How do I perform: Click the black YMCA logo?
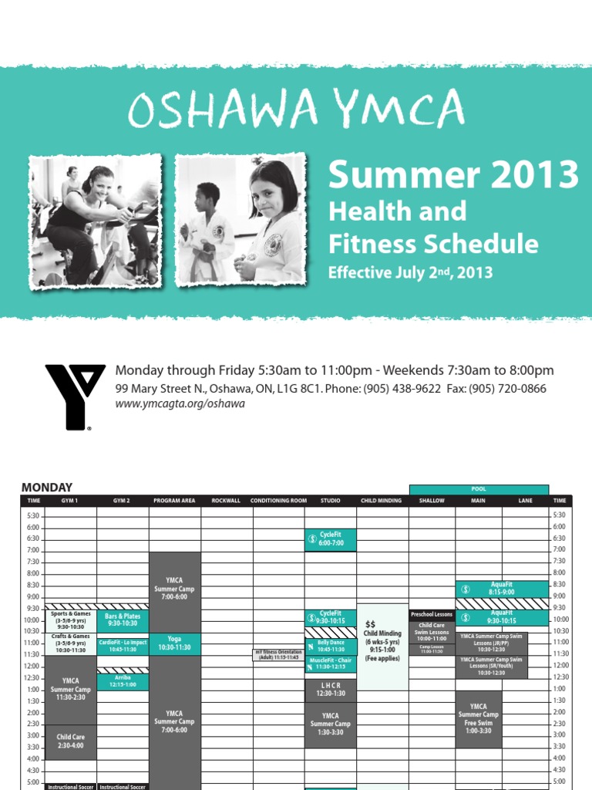pos(75,397)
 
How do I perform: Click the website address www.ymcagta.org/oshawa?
pos(180,404)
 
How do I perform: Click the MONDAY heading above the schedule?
pos(47,488)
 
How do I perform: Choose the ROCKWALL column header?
pos(227,501)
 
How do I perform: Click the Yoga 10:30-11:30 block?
pos(174,644)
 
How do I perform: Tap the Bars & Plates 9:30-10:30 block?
pos(123,620)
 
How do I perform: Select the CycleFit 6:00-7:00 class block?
pos(330,539)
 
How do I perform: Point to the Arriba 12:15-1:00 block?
pos(123,681)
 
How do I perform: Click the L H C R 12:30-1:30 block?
pos(330,690)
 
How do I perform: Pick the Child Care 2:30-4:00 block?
pos(70,741)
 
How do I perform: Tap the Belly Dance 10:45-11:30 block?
pos(330,646)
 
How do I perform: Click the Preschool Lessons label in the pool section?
pos(432,615)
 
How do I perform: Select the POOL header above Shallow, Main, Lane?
pos(479,489)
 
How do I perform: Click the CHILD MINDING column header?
pos(382,501)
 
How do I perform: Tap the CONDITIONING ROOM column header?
pos(278,501)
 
